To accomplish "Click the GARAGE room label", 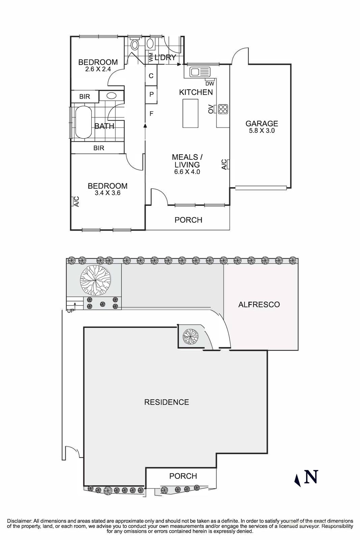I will pos(261,124).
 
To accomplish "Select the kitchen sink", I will pos(199,72).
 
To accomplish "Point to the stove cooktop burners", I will pos(223,109).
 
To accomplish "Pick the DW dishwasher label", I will pos(209,84).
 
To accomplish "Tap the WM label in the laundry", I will pos(151,57).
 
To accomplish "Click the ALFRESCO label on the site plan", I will pos(259,304).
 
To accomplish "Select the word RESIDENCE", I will pos(166,402).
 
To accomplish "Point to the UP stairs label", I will pos(71,311).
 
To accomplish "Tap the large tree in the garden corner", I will pos(95,279).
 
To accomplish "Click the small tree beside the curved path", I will pos(190,336).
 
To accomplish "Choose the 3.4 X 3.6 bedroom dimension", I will pos(107,193).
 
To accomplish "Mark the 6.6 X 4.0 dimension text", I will pos(187,172).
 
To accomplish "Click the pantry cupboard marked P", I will pos(151,94).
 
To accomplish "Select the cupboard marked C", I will pos(151,76).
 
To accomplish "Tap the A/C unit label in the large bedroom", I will pos(76,201).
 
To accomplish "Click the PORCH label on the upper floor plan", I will pos(188,220).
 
